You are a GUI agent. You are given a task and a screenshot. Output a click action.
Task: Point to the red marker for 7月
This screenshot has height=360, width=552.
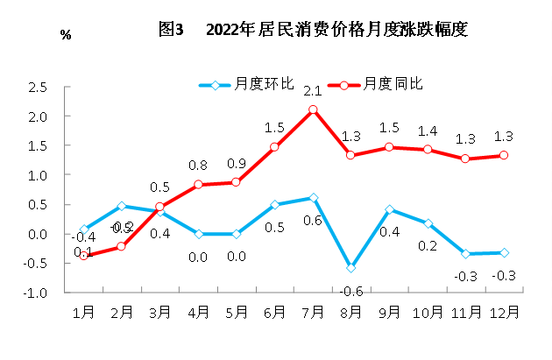pos(313,109)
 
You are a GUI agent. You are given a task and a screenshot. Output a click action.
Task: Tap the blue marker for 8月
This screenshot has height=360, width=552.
pos(350,267)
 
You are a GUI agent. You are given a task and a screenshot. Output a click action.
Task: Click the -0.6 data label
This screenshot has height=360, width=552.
pos(350,291)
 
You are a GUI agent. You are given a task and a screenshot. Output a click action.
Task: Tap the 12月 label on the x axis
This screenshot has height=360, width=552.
pos(503,311)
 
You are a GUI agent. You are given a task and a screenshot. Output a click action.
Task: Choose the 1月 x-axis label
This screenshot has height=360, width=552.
pos(84,311)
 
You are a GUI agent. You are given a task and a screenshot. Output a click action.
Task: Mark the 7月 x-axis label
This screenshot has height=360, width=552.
pos(313,311)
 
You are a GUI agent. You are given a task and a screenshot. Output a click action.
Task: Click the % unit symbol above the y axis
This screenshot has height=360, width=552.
pos(65,34)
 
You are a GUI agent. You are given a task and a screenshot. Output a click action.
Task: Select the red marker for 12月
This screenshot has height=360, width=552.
pos(504,155)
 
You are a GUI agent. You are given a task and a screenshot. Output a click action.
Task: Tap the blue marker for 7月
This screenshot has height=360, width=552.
pos(313,198)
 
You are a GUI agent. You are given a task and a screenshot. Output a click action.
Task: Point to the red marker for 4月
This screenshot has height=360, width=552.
pos(198,185)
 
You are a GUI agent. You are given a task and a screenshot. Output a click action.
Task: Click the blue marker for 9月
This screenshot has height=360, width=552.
pos(389,210)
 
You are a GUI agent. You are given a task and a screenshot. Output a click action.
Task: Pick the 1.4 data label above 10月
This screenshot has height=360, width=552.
pos(428,131)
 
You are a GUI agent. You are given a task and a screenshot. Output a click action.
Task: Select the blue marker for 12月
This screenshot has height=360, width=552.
pos(504,253)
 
